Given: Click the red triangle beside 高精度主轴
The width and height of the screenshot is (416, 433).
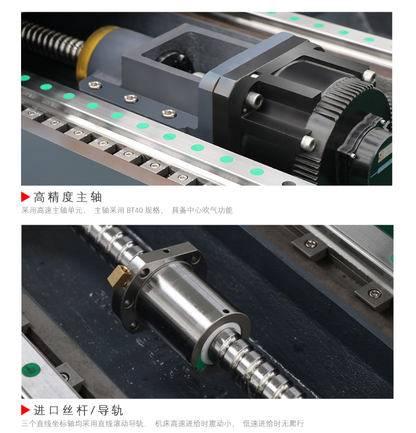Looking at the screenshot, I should pyautogui.click(x=26, y=196).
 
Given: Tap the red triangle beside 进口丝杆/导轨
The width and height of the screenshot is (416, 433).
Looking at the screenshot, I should pyautogui.click(x=26, y=410).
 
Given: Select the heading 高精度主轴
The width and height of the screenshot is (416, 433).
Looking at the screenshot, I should pyautogui.click(x=67, y=196).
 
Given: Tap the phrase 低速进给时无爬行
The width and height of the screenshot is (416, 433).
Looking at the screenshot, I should pyautogui.click(x=273, y=423).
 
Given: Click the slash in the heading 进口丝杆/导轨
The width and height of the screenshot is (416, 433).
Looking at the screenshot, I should pyautogui.click(x=93, y=410).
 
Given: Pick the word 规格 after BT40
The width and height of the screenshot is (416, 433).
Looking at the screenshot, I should pyautogui.click(x=152, y=210).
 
